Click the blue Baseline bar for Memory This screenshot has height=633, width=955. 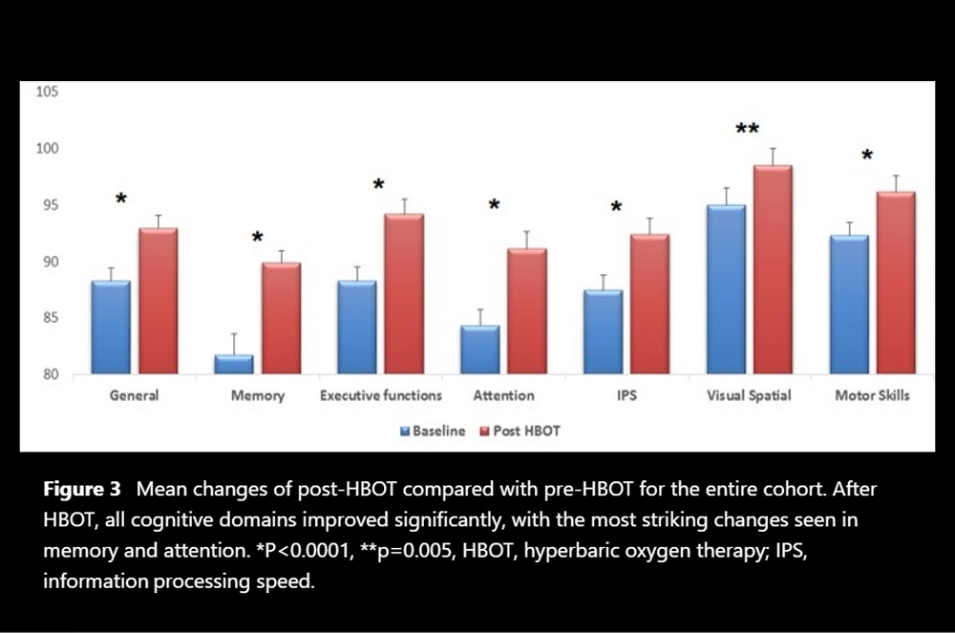[234, 364]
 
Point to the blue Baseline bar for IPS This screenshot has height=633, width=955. [603, 331]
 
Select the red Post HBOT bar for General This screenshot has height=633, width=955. [158, 300]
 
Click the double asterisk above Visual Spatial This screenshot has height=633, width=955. [747, 130]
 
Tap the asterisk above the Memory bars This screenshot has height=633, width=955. [257, 238]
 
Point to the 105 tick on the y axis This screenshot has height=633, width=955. [48, 92]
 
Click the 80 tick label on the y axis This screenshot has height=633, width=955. [51, 375]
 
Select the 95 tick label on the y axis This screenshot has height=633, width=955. [51, 205]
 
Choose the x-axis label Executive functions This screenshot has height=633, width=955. [381, 395]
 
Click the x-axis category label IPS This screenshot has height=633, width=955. [626, 395]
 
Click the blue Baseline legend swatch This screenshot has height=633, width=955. [405, 432]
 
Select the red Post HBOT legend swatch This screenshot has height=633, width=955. [484, 432]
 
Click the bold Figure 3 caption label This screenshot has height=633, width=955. [82, 490]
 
